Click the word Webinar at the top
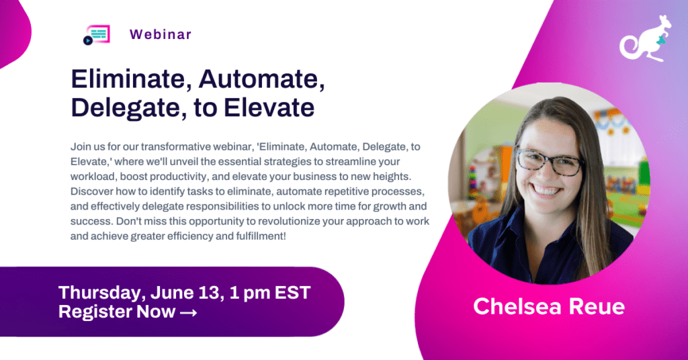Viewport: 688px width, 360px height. click(x=161, y=34)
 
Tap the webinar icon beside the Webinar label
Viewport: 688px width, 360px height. click(x=96, y=35)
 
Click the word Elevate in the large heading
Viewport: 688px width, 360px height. click(x=274, y=107)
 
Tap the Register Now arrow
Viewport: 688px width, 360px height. click(x=187, y=312)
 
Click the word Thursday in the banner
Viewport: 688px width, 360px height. click(x=95, y=293)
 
